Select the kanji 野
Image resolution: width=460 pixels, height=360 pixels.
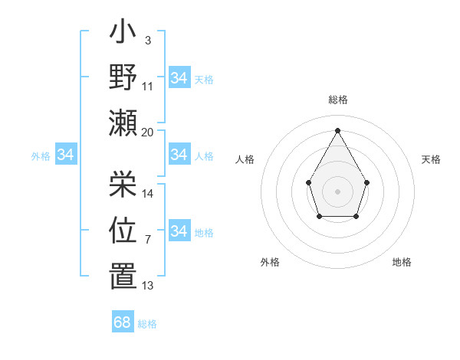pyautogui.click(x=123, y=78)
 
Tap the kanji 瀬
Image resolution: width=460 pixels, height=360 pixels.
pyautogui.click(x=123, y=123)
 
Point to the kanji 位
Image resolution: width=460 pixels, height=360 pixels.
pyautogui.click(x=123, y=229)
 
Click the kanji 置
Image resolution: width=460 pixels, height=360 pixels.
pyautogui.click(x=123, y=276)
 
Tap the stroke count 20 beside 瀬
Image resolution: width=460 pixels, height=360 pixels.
pyautogui.click(x=148, y=132)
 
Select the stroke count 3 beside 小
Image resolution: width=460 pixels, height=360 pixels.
pyautogui.click(x=147, y=39)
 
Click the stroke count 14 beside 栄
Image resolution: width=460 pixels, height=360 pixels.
pyautogui.click(x=148, y=193)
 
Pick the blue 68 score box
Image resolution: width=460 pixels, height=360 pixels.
pyautogui.click(x=123, y=322)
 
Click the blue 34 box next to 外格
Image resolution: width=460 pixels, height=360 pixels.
pyautogui.click(x=65, y=155)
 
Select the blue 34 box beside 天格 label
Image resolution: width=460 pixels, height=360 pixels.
pyautogui.click(x=179, y=78)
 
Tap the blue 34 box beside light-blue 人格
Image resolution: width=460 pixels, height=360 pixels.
pyautogui.click(x=179, y=155)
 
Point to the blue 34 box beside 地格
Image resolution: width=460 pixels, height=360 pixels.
pyautogui.click(x=179, y=231)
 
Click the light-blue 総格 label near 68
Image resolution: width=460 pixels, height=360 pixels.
pyautogui.click(x=147, y=324)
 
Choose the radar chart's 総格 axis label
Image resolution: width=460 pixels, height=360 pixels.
pyautogui.click(x=337, y=100)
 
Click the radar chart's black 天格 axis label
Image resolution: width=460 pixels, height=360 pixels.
pyautogui.click(x=431, y=159)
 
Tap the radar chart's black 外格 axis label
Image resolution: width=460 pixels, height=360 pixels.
pyautogui.click(x=270, y=262)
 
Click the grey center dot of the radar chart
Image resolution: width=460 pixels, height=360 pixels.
pyautogui.click(x=337, y=191)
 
